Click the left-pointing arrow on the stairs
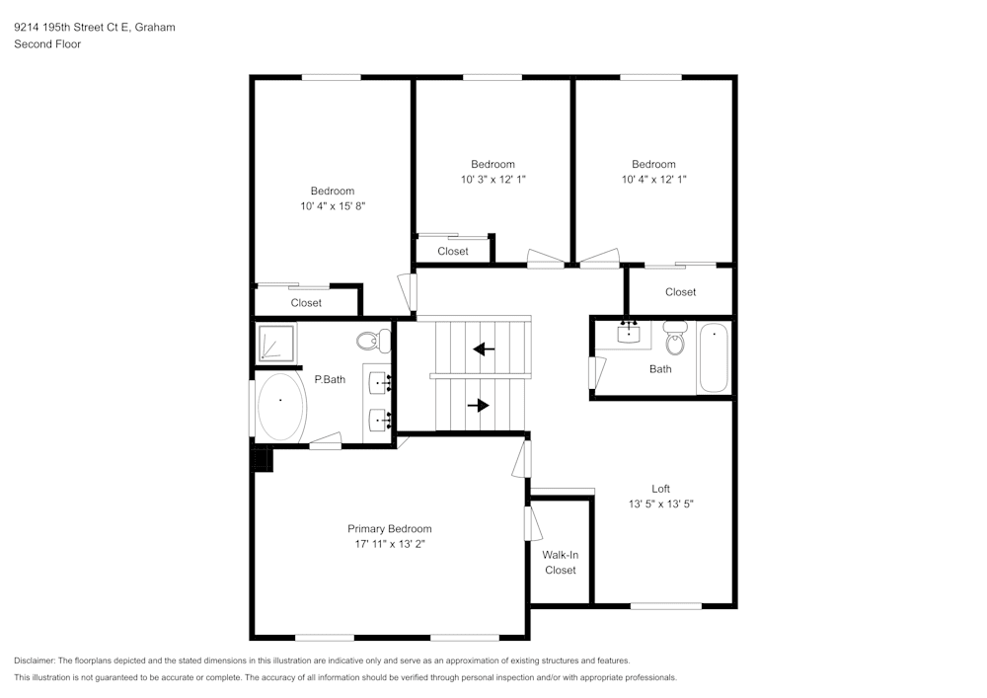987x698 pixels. (484, 349)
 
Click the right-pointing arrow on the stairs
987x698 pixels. (479, 406)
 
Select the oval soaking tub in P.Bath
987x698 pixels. (281, 407)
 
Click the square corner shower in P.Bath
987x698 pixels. (275, 343)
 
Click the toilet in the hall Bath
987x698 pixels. (675, 339)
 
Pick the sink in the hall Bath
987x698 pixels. (629, 334)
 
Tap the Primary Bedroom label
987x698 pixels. (390, 529)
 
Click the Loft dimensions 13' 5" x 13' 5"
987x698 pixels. (661, 504)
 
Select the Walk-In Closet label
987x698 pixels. (561, 563)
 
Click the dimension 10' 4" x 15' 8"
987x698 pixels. (333, 206)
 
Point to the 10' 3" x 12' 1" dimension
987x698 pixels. (493, 180)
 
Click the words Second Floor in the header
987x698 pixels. (47, 44)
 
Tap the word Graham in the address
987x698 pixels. (155, 27)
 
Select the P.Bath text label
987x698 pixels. (330, 379)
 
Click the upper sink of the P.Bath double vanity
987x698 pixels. (379, 383)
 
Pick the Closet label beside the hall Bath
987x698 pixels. (680, 292)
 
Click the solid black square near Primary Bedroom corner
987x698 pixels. (263, 458)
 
